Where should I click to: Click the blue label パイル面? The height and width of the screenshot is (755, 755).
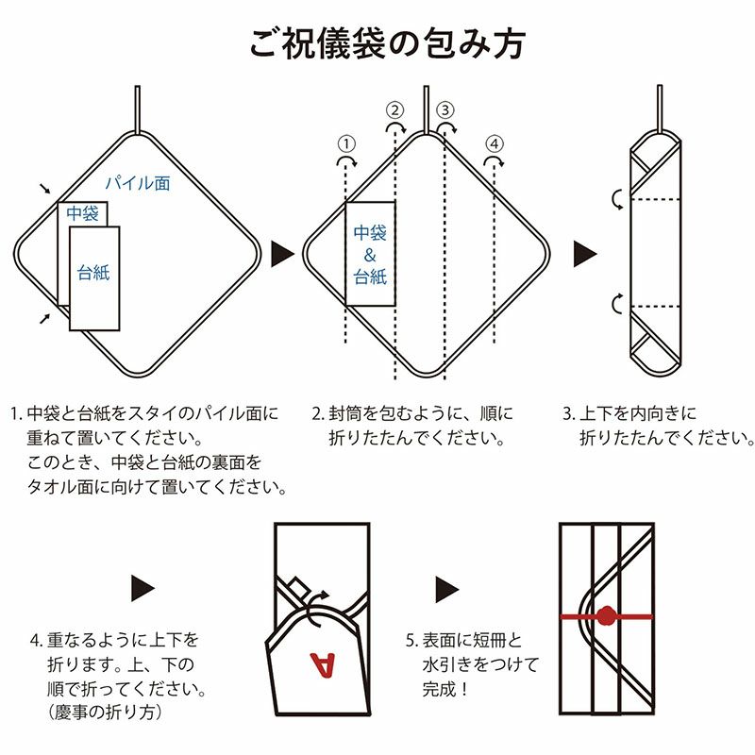click(137, 182)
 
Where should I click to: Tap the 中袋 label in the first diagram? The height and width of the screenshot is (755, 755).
click(83, 214)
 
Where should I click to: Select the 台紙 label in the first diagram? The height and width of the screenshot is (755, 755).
click(94, 273)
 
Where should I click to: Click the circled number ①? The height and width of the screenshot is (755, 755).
click(346, 143)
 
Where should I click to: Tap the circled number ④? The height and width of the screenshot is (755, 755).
click(495, 143)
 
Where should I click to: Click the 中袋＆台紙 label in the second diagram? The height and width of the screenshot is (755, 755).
click(370, 254)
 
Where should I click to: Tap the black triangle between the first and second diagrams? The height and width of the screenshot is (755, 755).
click(282, 253)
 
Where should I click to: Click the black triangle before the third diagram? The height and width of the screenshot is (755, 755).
click(586, 253)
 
